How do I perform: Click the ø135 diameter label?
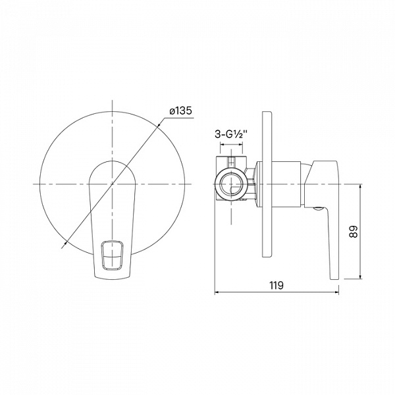(x=180, y=111)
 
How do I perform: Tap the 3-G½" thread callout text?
(x=230, y=134)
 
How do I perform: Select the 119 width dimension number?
(x=276, y=286)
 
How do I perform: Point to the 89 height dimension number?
(x=353, y=231)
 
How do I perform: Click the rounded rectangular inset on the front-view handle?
(x=113, y=255)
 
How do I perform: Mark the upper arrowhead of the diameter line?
(x=159, y=124)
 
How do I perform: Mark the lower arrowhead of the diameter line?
(x=66, y=243)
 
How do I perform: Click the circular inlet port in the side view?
(x=231, y=184)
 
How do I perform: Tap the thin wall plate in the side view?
(x=267, y=184)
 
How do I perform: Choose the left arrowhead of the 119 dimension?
(x=217, y=292)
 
